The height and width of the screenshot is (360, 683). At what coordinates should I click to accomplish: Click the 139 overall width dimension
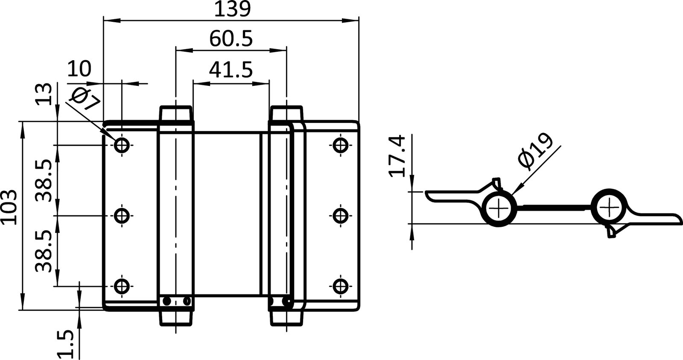232,9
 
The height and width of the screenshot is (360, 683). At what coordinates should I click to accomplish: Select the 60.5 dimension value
231,39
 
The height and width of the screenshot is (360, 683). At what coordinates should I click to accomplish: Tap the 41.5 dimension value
231,69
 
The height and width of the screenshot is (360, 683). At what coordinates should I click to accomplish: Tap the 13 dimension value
45,94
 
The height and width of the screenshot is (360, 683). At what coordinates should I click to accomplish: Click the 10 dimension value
79,69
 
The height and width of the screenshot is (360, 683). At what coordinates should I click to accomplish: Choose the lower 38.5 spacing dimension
45,251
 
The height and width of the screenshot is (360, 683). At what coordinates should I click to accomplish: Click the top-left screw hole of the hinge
123,145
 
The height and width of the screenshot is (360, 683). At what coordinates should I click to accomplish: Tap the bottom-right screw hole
340,286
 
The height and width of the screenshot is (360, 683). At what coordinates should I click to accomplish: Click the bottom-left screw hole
123,286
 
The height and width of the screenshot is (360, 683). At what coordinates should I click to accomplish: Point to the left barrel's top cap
175,114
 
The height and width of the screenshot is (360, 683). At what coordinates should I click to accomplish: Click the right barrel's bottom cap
286,318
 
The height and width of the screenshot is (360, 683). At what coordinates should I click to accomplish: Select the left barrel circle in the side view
499,209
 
